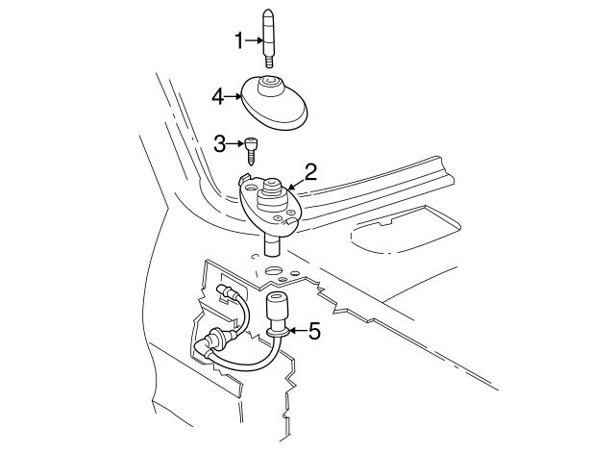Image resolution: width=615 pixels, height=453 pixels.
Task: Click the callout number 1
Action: (x=239, y=39)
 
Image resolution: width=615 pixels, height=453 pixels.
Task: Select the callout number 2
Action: (x=310, y=172)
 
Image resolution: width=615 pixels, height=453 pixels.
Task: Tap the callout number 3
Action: (x=219, y=144)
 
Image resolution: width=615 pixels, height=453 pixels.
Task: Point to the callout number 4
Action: (x=218, y=96)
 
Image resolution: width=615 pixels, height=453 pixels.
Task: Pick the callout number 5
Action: (x=313, y=332)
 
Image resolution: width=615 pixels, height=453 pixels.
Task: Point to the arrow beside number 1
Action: (x=254, y=39)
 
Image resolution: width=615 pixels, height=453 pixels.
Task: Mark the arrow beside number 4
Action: (x=233, y=96)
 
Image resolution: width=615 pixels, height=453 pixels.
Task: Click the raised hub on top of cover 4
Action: (x=270, y=88)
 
